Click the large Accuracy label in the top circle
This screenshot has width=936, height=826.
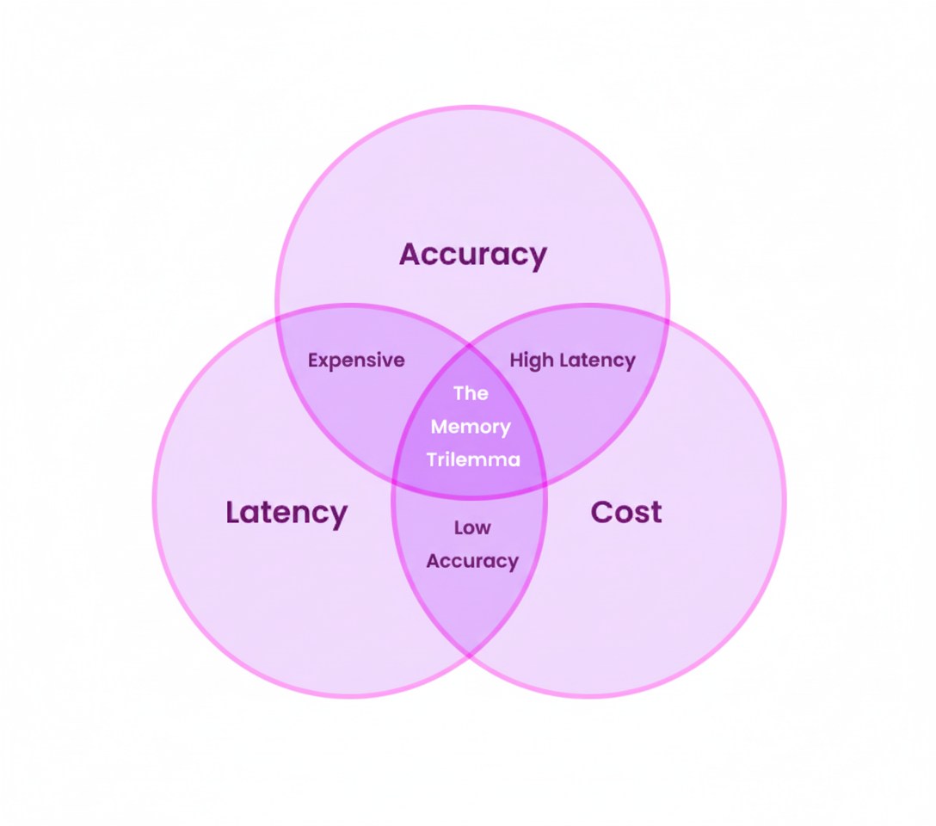pyautogui.click(x=472, y=255)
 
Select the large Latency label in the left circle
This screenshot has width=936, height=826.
pyautogui.click(x=286, y=513)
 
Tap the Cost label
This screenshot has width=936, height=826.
pyautogui.click(x=626, y=513)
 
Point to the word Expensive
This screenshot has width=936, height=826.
pyautogui.click(x=356, y=361)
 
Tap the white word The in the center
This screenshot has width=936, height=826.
pyautogui.click(x=471, y=393)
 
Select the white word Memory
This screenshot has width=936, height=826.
pyautogui.click(x=471, y=427)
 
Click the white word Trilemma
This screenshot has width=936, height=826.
pyautogui.click(x=473, y=459)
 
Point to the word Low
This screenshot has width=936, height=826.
pyautogui.click(x=472, y=527)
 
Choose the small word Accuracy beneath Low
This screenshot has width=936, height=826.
pyautogui.click(x=472, y=561)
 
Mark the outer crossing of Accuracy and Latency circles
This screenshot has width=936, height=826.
pyautogui.click(x=277, y=317)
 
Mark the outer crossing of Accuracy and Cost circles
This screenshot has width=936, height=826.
pyautogui.click(x=668, y=317)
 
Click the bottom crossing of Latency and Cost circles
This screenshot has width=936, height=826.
pyautogui.click(x=470, y=656)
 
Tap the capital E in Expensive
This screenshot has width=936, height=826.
pyautogui.click(x=313, y=361)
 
